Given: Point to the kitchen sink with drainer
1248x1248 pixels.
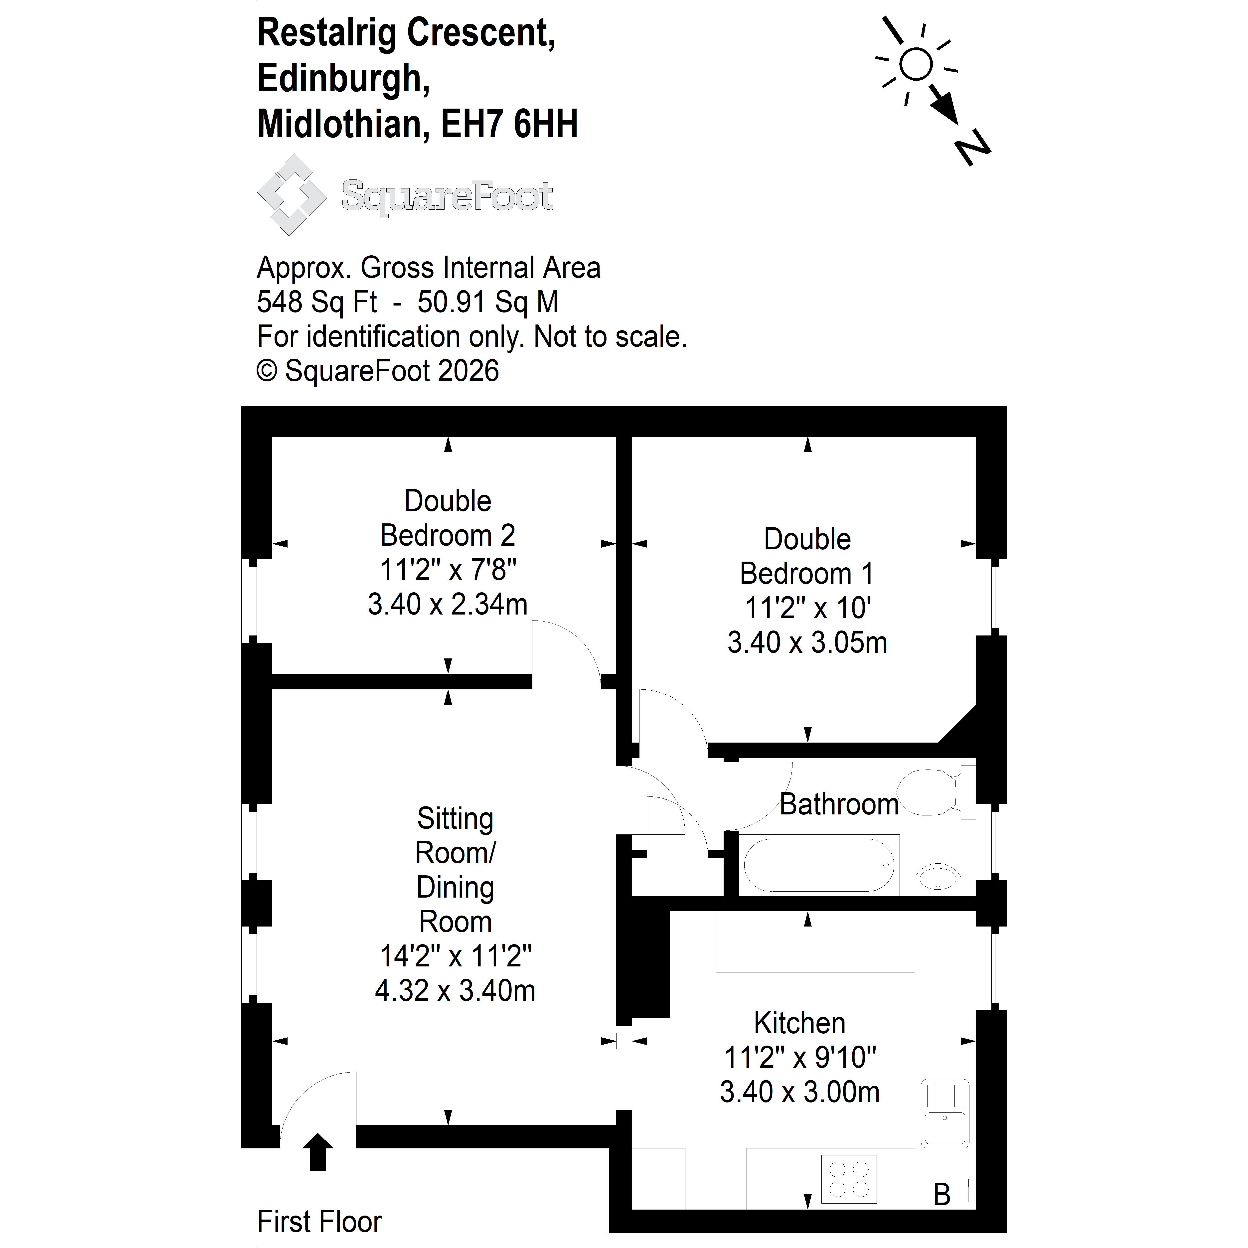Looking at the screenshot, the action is tap(944, 1112).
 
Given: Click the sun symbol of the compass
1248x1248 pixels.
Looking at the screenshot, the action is tap(916, 65).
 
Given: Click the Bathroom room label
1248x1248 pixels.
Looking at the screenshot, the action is tap(838, 804).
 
